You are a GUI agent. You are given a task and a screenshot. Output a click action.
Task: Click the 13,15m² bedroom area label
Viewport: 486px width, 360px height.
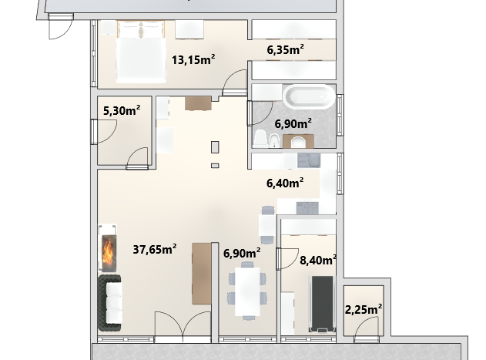pyautogui.click(x=193, y=59)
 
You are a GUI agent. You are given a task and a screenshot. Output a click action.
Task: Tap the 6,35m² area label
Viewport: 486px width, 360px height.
pyautogui.click(x=285, y=49)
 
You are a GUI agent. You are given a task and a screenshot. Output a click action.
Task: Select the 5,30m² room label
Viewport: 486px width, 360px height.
pyautogui.click(x=122, y=110)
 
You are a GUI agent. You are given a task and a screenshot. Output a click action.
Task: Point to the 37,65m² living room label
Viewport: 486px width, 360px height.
pyautogui.click(x=155, y=249)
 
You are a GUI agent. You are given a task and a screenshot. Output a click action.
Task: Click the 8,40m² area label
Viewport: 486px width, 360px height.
pyautogui.click(x=318, y=260)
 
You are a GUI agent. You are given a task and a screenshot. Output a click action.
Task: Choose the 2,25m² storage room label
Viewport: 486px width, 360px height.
pyautogui.click(x=364, y=309)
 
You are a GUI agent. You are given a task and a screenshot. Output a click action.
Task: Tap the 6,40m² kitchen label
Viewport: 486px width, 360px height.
pyautogui.click(x=285, y=183)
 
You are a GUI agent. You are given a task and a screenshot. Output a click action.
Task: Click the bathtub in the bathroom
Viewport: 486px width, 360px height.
pyautogui.click(x=309, y=96)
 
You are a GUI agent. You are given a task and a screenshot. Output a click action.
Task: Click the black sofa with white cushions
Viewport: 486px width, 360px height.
pyautogui.click(x=110, y=303)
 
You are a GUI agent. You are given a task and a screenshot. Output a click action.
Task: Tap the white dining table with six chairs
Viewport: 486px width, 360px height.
pyautogui.click(x=247, y=291)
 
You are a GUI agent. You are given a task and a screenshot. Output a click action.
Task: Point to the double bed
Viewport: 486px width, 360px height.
pyautogui.click(x=140, y=52)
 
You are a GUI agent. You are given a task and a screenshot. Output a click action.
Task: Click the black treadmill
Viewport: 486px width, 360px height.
pyautogui.click(x=323, y=304)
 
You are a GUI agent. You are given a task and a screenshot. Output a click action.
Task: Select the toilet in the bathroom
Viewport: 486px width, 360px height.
pyautogui.click(x=260, y=139)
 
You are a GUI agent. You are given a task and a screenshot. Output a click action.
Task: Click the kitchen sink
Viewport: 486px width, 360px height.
pyautogui.click(x=309, y=160)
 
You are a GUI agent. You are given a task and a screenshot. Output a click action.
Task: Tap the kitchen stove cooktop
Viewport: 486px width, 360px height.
pyautogui.click(x=307, y=208)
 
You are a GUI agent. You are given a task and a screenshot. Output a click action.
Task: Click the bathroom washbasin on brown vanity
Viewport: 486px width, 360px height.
pyautogui.click(x=298, y=142)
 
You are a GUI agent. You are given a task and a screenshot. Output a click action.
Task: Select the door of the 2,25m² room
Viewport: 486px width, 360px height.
pyautogui.click(x=367, y=330)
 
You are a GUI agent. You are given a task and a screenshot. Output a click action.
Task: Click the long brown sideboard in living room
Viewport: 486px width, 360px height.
pyautogui.click(x=202, y=274)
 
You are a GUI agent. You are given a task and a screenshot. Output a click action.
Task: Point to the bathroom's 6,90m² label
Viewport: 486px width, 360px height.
pyautogui.click(x=293, y=123)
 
